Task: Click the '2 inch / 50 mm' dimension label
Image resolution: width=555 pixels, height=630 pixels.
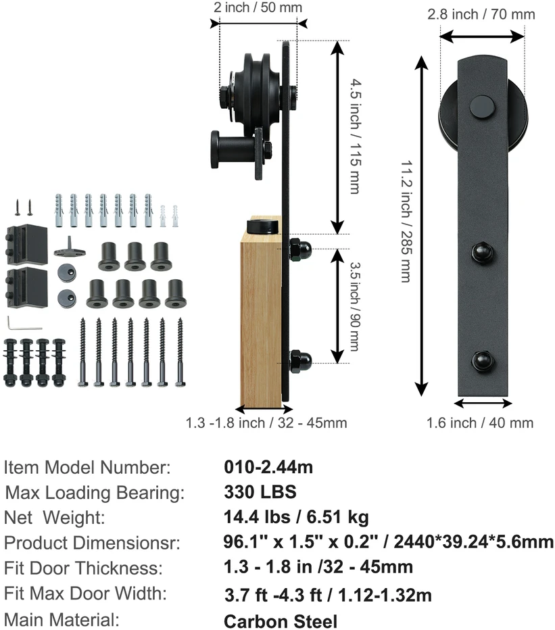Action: (258, 7)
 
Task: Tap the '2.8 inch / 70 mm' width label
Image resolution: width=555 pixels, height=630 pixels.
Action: (481, 14)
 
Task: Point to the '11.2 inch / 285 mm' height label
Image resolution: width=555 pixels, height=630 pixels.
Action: (407, 222)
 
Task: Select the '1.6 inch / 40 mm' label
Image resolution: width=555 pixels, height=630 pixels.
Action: (480, 422)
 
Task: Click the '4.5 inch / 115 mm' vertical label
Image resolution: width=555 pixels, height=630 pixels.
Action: (356, 136)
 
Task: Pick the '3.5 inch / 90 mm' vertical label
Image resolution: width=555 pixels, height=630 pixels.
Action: (354, 306)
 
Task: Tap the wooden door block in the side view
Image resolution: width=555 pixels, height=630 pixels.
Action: (260, 322)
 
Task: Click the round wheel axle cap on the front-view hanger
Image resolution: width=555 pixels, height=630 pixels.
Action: (483, 107)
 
